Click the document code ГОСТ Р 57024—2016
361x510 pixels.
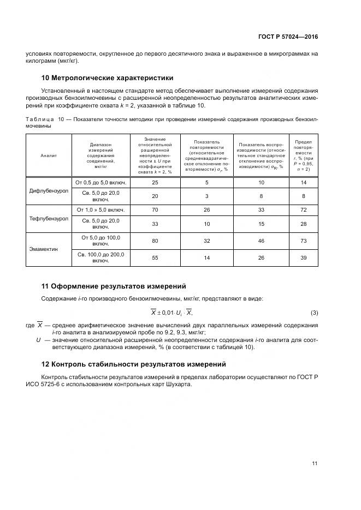[x=287, y=37]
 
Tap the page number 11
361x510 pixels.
[x=315, y=464]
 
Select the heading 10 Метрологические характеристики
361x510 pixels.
[x=108, y=78]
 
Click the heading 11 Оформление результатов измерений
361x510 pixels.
[x=114, y=286]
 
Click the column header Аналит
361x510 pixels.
[x=49, y=155]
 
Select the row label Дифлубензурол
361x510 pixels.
[x=49, y=191]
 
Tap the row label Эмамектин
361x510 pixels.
[x=49, y=249]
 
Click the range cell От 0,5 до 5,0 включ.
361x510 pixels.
[x=100, y=183]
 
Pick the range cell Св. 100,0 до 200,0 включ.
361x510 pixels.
[x=100, y=257]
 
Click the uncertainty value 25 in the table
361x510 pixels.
[x=155, y=183]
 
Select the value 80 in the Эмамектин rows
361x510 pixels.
[x=155, y=241]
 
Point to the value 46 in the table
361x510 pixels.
[x=261, y=241]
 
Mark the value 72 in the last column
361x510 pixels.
[x=304, y=210]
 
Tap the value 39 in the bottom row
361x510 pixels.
[x=304, y=257]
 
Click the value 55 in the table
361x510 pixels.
[x=155, y=257]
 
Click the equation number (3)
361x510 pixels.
[x=314, y=312]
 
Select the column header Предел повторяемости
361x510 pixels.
[x=304, y=155]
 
